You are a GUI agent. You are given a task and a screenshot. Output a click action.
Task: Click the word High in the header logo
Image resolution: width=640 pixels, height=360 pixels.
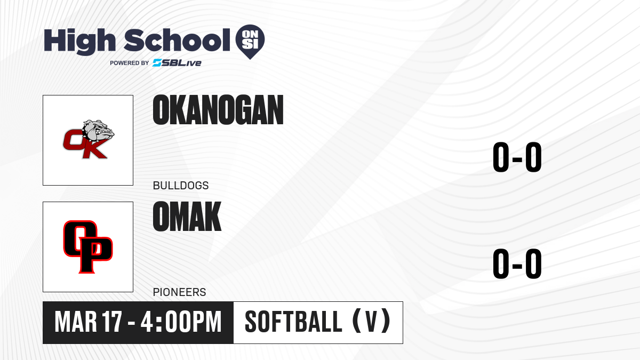[79, 42]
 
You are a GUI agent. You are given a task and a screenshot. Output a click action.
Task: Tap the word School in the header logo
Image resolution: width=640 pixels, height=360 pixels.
[177, 40]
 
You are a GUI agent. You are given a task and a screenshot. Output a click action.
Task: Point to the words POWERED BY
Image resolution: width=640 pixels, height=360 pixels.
[130, 63]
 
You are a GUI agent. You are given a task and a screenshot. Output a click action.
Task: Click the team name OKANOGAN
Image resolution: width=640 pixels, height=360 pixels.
[218, 110]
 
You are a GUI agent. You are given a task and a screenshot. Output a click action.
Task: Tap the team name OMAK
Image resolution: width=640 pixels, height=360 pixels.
[187, 217]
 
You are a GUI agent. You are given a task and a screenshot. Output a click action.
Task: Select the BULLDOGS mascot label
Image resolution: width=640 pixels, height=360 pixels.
[181, 186]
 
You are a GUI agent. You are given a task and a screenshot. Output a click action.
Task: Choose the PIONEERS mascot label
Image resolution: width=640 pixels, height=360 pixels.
[179, 292]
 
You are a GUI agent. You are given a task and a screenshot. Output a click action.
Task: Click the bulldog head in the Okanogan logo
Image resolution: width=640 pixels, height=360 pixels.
[98, 132]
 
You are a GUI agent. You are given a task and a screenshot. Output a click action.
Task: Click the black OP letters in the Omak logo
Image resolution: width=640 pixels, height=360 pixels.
[88, 246]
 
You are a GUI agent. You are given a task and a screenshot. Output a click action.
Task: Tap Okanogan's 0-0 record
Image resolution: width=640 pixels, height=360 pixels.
[517, 157]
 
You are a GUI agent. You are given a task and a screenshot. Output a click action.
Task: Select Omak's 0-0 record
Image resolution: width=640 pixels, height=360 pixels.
[517, 263]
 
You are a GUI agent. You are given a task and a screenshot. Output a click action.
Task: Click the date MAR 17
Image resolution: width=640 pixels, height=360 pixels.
[89, 322]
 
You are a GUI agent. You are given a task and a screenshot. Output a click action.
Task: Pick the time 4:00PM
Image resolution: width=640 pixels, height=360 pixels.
[181, 322]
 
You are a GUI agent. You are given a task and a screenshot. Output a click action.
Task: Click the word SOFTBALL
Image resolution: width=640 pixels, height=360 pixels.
[293, 322]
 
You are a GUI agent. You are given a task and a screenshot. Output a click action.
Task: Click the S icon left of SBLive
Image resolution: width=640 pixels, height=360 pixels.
[157, 63]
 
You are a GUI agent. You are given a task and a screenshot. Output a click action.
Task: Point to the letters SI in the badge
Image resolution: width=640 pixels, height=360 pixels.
[250, 44]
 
